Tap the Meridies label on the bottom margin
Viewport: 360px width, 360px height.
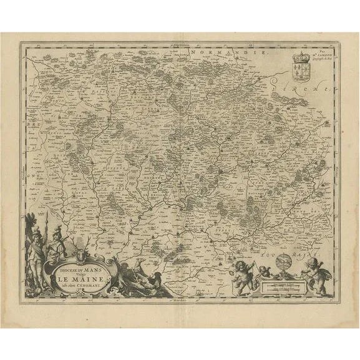pyautogui.click(x=182, y=300)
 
